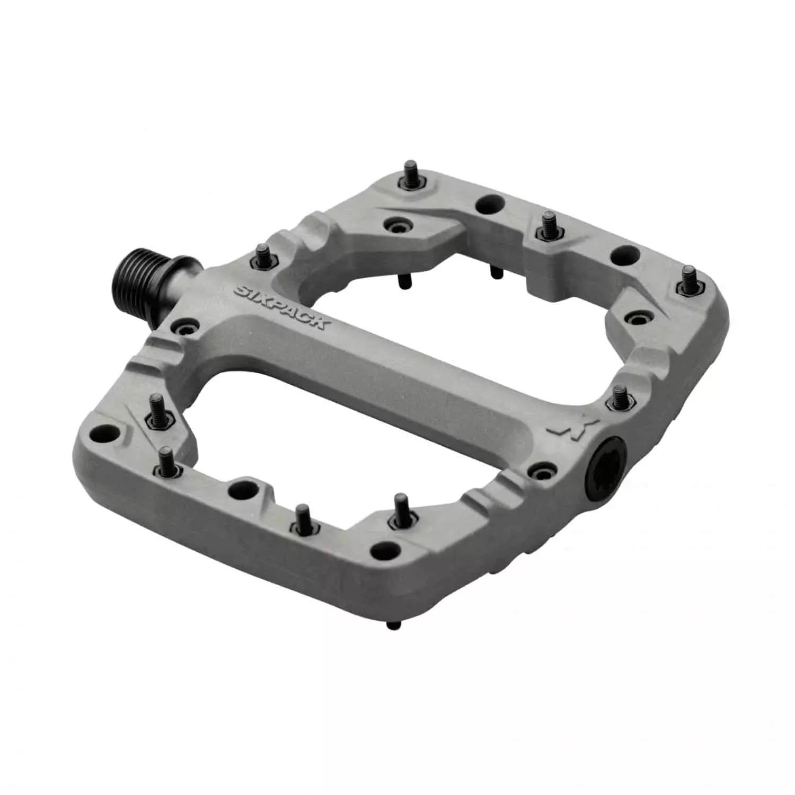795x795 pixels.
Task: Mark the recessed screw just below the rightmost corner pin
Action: coord(634,317)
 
